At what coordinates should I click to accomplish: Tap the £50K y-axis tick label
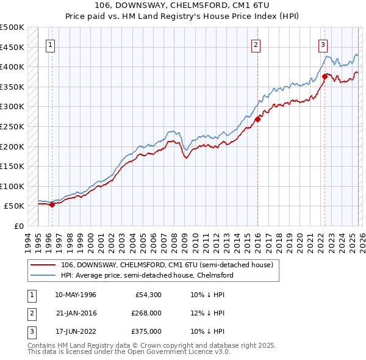pyautogui.click(x=14, y=206)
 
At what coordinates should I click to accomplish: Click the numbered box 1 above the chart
pyautogui.click(x=49, y=44)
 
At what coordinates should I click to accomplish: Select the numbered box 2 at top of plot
pyautogui.click(x=256, y=44)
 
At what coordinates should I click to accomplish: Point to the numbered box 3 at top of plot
pyautogui.click(x=322, y=44)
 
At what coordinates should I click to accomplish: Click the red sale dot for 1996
pyautogui.click(x=52, y=204)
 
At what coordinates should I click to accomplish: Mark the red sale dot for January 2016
pyautogui.click(x=258, y=120)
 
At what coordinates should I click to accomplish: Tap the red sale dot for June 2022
pyautogui.click(x=325, y=77)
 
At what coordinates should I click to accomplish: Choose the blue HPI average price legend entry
pyautogui.click(x=147, y=275)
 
